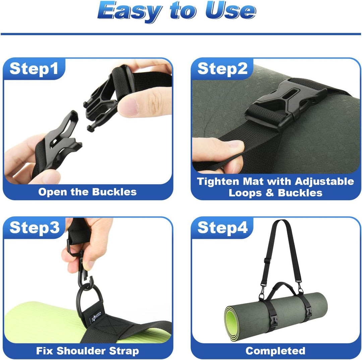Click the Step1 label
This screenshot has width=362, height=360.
(34, 69)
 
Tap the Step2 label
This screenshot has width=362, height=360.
(223, 69)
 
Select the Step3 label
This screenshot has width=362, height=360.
(35, 228)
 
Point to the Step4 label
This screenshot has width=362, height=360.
(223, 228)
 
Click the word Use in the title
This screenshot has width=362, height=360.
(231, 11)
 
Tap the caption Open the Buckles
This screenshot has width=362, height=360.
(87, 192)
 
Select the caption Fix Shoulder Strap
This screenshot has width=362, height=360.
(87, 351)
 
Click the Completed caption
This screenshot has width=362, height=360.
(276, 351)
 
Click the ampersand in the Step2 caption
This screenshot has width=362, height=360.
(269, 193)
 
